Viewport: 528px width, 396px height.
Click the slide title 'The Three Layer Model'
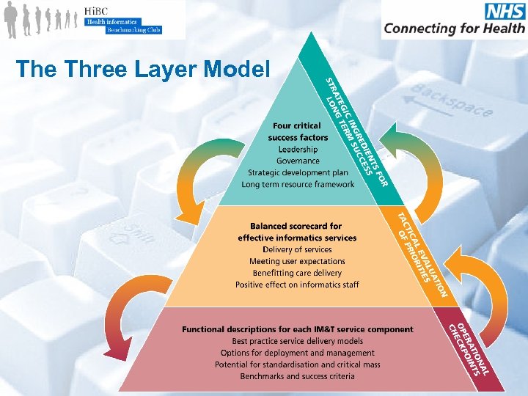click(142, 69)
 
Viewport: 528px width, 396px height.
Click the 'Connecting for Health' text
click(454, 29)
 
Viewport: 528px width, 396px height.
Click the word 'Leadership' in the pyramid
click(297, 149)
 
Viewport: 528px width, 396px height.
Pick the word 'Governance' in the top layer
click(298, 161)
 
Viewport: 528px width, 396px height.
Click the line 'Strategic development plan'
click(297, 172)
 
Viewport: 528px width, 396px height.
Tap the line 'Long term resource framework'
click(298, 184)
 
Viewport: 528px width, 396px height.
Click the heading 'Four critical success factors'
click(298, 131)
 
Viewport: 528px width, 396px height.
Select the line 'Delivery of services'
click(297, 249)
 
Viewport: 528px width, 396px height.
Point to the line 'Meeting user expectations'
click(297, 261)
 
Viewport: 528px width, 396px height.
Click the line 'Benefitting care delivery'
click(297, 273)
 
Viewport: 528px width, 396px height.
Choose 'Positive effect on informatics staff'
click(297, 285)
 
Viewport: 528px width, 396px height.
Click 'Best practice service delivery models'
click(297, 341)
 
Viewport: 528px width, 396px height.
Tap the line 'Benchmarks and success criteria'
click(297, 376)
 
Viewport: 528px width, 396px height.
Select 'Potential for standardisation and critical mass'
click(297, 364)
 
